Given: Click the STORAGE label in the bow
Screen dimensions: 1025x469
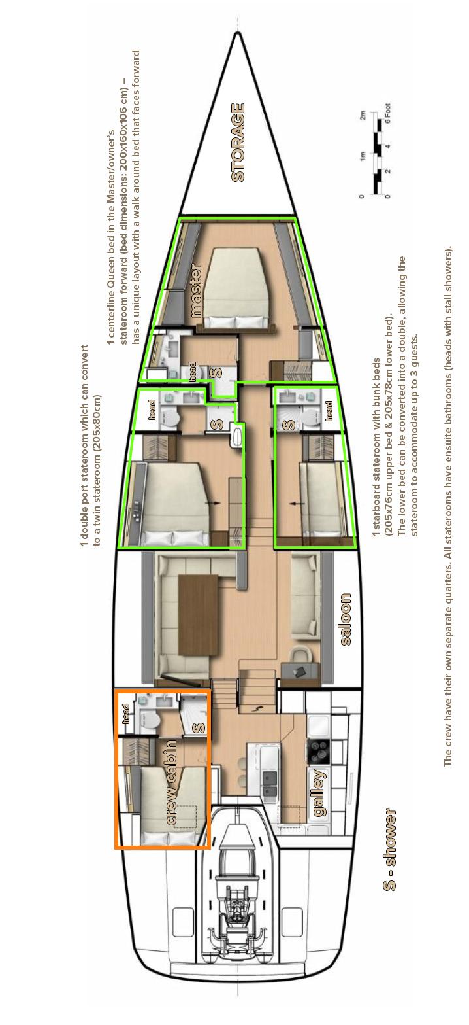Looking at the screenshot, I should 238,143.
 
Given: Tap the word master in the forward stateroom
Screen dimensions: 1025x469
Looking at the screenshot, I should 196,290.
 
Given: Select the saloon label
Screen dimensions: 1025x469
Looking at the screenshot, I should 346,619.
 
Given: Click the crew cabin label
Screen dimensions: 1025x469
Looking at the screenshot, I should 172,782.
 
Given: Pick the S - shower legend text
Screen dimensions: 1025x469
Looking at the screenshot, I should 390,850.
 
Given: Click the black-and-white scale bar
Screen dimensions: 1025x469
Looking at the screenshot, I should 377,154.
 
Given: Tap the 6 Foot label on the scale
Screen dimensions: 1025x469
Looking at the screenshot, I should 387,116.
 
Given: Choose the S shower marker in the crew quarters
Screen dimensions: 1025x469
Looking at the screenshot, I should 199,727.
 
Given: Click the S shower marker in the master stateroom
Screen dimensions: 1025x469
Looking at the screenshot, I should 218,373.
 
